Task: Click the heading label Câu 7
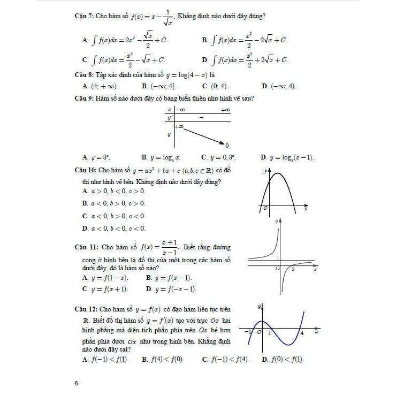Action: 84,17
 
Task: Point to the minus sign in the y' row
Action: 201,117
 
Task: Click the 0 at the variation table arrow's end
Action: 227,146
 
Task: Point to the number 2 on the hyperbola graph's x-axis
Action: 293,269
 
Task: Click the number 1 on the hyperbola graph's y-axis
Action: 278,258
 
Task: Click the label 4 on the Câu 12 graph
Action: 302,333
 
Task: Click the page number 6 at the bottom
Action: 77,383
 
